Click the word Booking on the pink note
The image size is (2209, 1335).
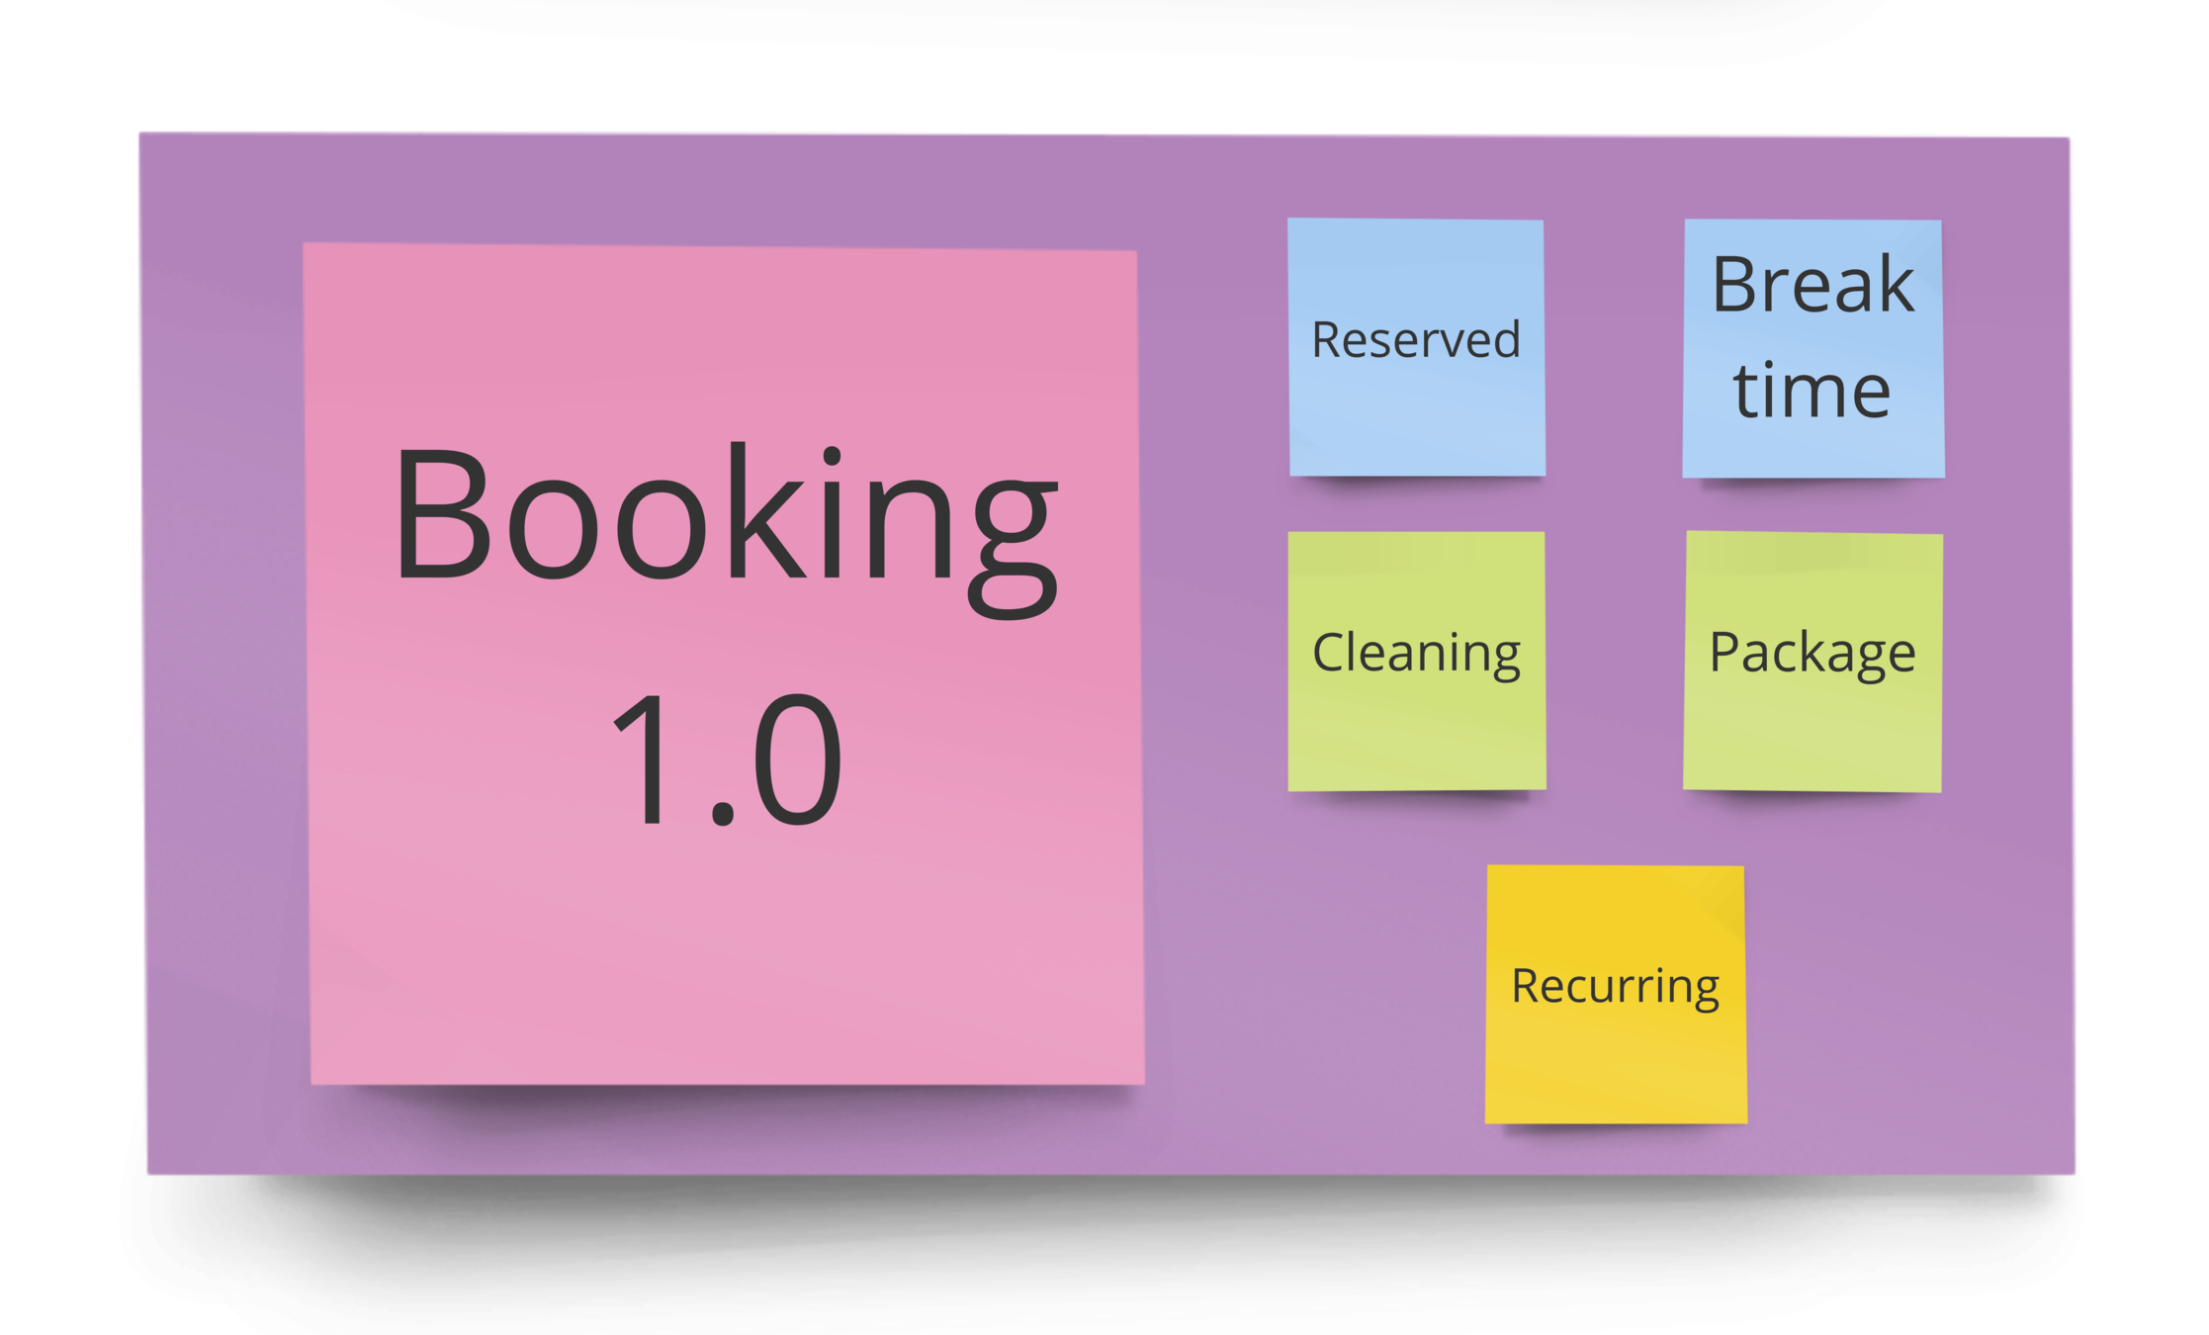tap(727, 519)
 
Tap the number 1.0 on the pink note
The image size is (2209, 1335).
tap(727, 759)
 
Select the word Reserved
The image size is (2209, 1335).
tap(1415, 340)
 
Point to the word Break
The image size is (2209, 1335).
tap(1812, 285)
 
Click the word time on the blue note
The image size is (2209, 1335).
tap(1811, 391)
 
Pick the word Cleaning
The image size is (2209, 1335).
tap(1416, 653)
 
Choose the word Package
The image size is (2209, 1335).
tap(1812, 653)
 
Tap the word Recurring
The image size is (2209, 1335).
tap(1615, 986)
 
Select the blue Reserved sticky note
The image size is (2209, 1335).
tap(1416, 415)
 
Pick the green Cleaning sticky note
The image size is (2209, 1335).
tap(1416, 732)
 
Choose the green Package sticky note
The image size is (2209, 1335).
tap(1812, 732)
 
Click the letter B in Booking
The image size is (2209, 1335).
tap(442, 514)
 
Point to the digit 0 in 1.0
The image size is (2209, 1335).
tap(797, 759)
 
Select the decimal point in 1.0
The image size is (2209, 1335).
tap(723, 815)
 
